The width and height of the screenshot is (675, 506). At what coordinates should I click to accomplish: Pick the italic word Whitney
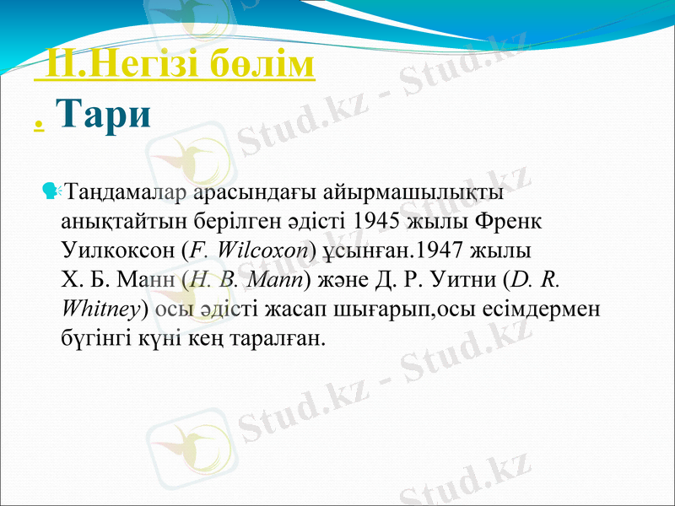(101, 309)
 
